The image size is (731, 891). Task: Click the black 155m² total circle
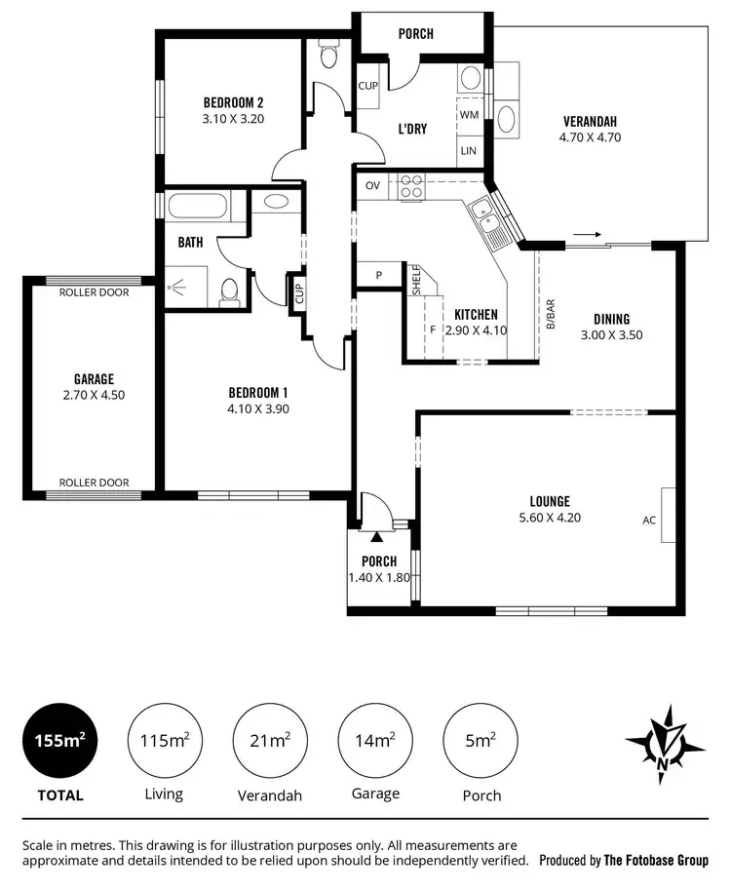60,741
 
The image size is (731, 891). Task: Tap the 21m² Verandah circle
269,741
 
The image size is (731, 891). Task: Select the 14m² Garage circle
374,741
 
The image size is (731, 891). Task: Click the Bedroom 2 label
233,102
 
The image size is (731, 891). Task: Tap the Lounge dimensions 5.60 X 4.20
552,518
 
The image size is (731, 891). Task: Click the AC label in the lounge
649,520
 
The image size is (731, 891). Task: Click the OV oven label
372,185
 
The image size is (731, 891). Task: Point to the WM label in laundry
469,114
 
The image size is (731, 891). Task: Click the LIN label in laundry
469,150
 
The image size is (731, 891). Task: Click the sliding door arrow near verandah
585,235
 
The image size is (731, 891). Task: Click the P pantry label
379,276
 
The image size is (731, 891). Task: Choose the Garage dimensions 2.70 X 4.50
94,395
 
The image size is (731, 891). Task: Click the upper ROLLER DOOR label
94,292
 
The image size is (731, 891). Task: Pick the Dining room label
612,319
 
